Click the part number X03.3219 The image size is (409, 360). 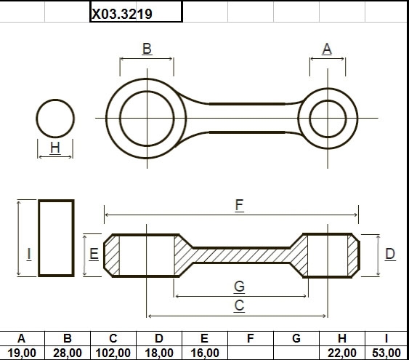pos(122,14)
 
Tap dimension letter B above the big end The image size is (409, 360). pos(147,49)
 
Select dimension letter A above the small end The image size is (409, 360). pos(327,49)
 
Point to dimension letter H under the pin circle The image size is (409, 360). pos(55,148)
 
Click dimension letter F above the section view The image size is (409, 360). pos(239,205)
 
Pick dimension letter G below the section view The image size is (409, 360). pos(239,287)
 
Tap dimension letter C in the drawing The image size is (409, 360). pos(239,305)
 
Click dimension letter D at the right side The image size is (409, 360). pos(390,254)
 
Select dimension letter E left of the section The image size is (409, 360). pos(94,254)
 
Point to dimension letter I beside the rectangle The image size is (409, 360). pos(29,254)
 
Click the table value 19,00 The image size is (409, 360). pos(22,353)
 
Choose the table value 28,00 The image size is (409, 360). pos(68,353)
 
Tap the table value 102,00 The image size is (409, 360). pos(113,353)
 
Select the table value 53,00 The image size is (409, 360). pos(386,353)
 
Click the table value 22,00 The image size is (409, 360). pos(342,353)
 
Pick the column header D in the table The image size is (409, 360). pos(159,339)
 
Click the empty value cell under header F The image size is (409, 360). pos(251,353)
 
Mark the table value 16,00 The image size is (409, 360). pos(205,353)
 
